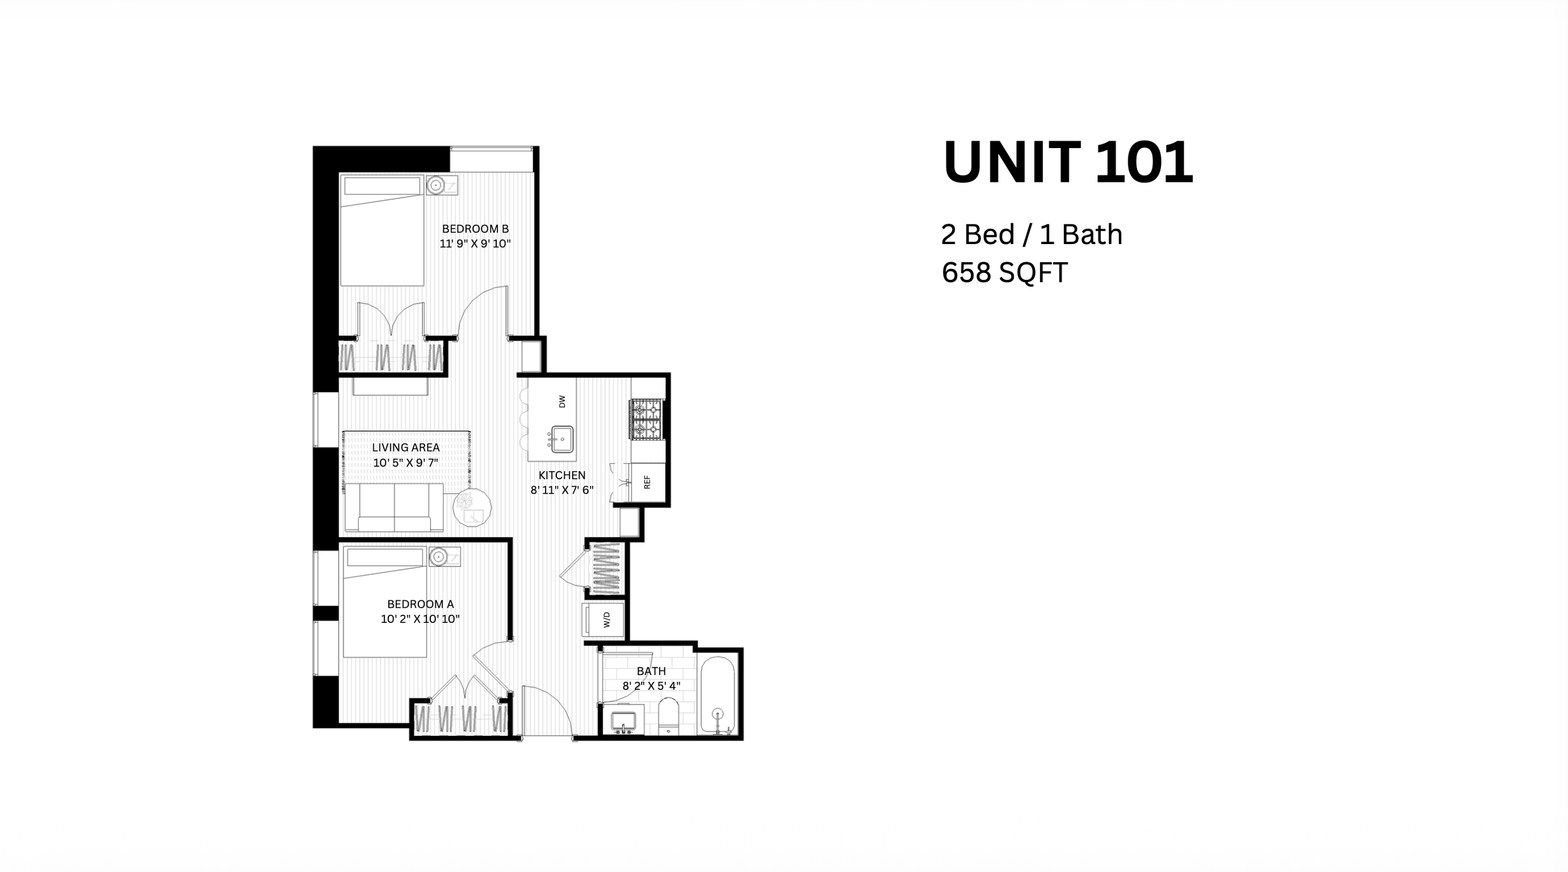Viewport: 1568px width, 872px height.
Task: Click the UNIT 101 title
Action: pyautogui.click(x=1067, y=162)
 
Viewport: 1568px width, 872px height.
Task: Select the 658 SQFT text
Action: pyautogui.click(x=1004, y=272)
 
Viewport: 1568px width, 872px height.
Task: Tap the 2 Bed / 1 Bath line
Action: pyautogui.click(x=1032, y=235)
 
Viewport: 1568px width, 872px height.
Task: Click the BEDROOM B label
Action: pyautogui.click(x=475, y=229)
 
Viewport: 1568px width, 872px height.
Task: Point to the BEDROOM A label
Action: pyautogui.click(x=420, y=604)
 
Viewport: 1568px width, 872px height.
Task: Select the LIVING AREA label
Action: pyautogui.click(x=406, y=447)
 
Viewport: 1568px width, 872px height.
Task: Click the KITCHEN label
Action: pyautogui.click(x=562, y=476)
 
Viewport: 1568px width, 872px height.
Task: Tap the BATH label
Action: pyautogui.click(x=651, y=671)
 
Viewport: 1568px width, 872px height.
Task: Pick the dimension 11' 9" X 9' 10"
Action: pyautogui.click(x=475, y=243)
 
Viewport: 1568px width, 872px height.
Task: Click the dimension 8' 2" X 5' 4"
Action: pyautogui.click(x=651, y=686)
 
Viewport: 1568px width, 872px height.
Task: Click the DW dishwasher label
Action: pyautogui.click(x=562, y=401)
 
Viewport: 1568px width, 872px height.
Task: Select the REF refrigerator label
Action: pyautogui.click(x=647, y=482)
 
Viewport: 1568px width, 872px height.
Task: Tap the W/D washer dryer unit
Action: pyautogui.click(x=603, y=620)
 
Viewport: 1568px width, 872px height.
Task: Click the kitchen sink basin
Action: pyautogui.click(x=562, y=439)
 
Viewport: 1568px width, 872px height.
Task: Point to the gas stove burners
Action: pyautogui.click(x=647, y=420)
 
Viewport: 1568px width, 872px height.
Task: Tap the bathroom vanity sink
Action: pyautogui.click(x=623, y=721)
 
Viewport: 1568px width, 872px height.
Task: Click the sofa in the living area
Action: pyautogui.click(x=395, y=507)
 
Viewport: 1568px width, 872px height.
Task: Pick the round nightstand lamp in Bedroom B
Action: pyautogui.click(x=435, y=186)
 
